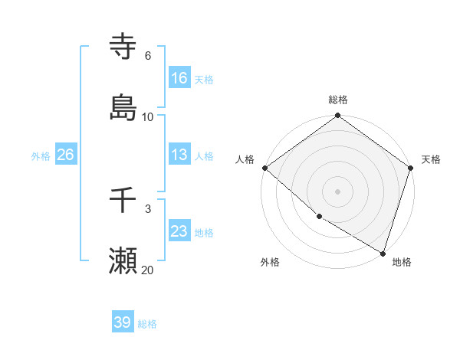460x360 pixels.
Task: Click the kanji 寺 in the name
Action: click(123, 46)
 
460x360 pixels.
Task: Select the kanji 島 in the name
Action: click(123, 108)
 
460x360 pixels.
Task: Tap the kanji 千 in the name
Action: click(123, 201)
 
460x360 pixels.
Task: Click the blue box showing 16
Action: click(179, 77)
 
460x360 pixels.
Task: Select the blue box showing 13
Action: click(179, 155)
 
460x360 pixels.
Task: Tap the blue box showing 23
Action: click(179, 231)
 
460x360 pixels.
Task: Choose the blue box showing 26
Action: click(65, 155)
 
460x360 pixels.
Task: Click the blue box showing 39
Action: click(123, 322)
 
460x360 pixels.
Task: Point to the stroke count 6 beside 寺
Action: click(148, 55)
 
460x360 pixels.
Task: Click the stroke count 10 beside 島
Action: click(148, 117)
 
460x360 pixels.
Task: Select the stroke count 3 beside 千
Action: click(148, 209)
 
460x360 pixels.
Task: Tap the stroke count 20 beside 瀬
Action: click(148, 270)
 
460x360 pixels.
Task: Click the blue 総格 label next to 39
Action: click(147, 324)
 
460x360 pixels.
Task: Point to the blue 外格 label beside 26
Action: click(41, 155)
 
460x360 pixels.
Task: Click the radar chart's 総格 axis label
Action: click(338, 100)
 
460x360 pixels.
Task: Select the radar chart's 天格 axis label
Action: click(431, 159)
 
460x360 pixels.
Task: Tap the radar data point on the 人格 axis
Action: click(264, 168)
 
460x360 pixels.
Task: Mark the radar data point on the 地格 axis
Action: click(383, 253)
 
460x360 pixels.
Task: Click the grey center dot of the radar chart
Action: click(338, 191)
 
